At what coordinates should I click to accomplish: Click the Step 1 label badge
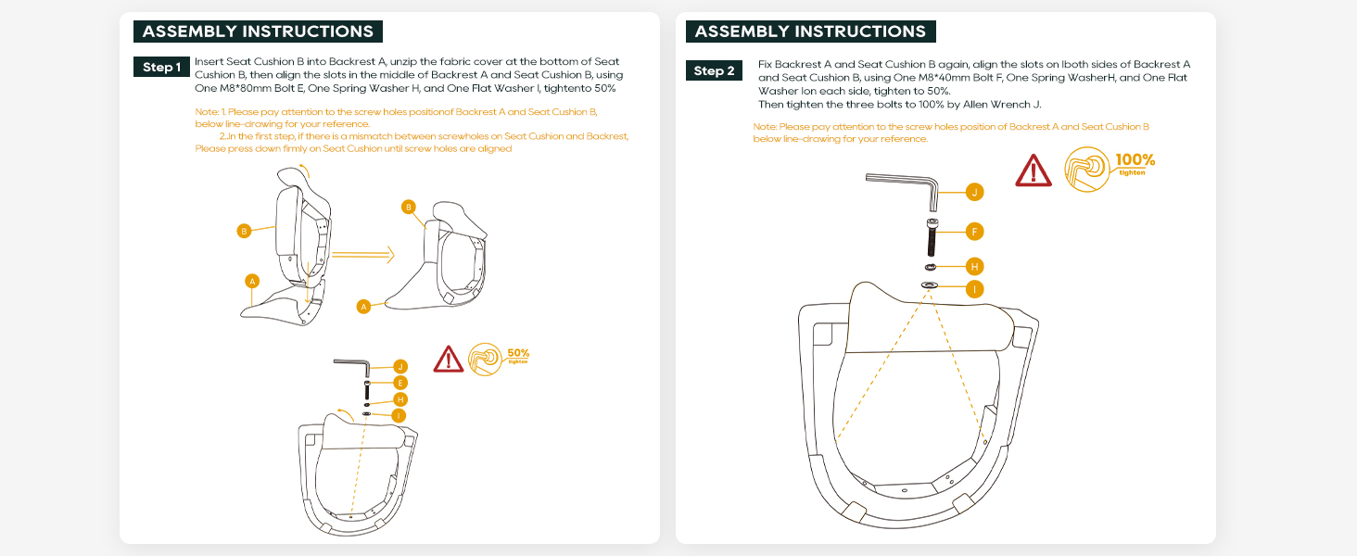(161, 67)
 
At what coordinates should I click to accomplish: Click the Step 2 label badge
(714, 70)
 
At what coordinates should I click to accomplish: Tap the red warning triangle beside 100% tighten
(1034, 171)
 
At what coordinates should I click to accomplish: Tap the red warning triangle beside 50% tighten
(449, 359)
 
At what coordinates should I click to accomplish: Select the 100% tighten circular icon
(1088, 170)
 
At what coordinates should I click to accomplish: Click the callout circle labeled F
(973, 231)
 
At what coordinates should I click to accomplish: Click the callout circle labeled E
(400, 383)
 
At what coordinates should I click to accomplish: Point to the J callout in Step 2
(973, 192)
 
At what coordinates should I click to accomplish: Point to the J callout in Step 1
(400, 367)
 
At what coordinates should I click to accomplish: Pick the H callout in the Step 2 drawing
(973, 266)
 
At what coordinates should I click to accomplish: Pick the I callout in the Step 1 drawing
(399, 415)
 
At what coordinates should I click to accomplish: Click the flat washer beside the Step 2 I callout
(930, 285)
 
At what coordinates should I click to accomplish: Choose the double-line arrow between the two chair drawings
(362, 254)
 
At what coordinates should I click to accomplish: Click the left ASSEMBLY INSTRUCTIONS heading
(258, 31)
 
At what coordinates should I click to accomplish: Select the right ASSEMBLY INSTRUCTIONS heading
(810, 31)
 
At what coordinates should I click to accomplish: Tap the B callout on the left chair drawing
(244, 231)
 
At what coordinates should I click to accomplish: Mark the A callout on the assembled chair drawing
(364, 306)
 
